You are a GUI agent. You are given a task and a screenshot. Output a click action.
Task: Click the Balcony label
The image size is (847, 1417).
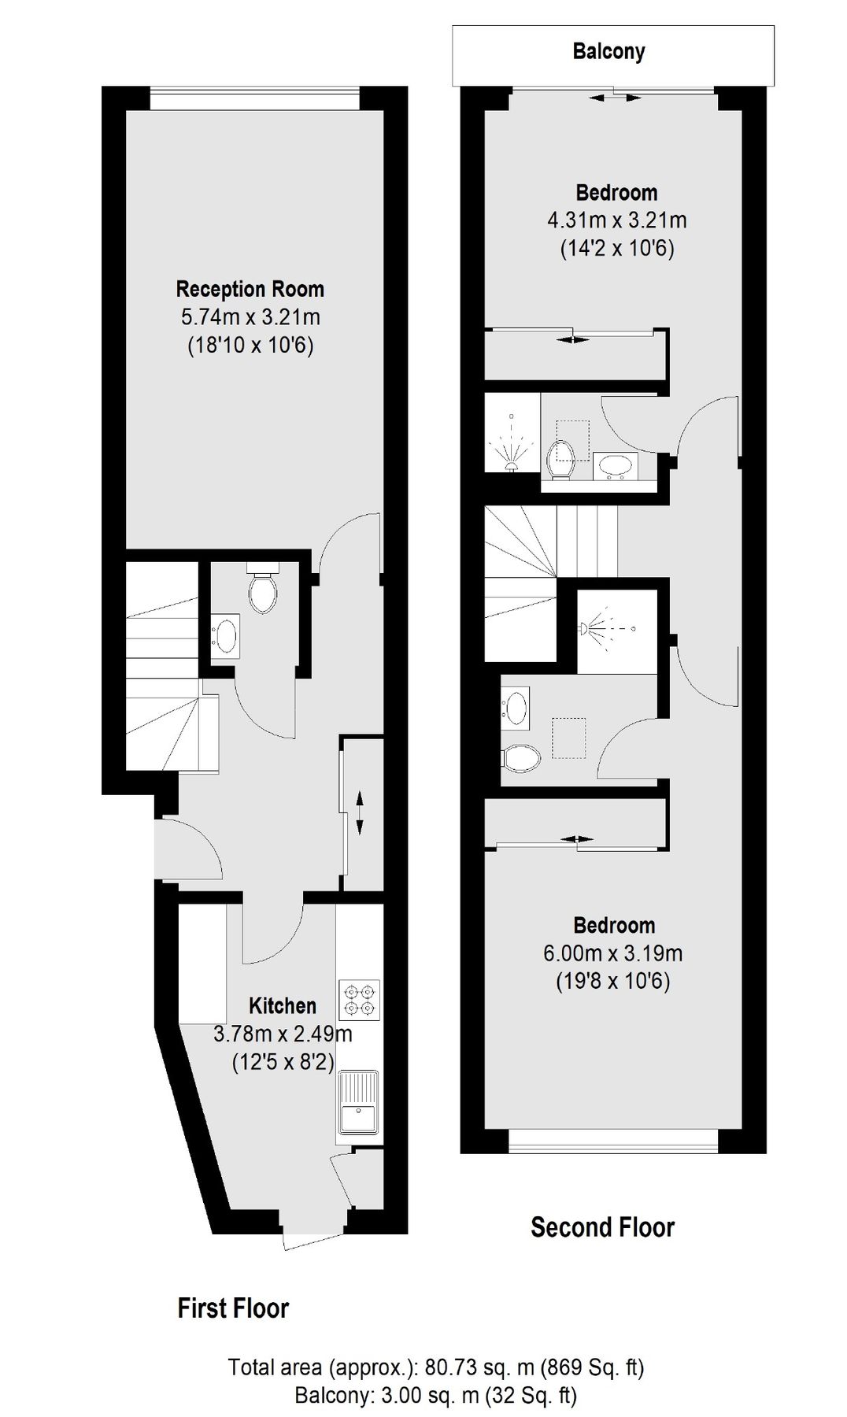pos(608,52)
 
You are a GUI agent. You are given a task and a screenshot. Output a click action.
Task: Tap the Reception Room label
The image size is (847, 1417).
pos(250,289)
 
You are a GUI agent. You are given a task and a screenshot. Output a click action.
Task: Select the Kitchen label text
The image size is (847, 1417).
pos(283,1005)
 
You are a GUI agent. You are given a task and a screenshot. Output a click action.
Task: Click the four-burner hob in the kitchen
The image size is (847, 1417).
pos(360,999)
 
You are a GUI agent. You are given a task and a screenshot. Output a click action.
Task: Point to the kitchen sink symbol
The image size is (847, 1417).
pos(359,1102)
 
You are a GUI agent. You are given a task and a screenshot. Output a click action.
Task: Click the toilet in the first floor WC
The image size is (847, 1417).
pos(262,591)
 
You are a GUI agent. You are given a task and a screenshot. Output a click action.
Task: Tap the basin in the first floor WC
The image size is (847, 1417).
pos(227,636)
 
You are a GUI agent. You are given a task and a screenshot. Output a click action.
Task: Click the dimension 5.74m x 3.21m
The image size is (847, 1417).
pos(250,317)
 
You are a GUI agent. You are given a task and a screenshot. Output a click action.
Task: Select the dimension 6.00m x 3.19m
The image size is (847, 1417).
pos(612,953)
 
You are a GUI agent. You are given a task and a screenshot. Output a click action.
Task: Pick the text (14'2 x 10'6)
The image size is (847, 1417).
pos(617,249)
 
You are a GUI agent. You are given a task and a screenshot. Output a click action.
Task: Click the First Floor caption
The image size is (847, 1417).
pos(233,1308)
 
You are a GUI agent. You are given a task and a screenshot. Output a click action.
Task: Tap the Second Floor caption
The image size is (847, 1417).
pos(602,1226)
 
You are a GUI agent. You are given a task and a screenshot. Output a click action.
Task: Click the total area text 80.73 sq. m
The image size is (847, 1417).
pos(435,1367)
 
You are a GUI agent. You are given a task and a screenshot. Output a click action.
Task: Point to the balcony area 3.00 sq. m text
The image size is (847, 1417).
pos(435,1396)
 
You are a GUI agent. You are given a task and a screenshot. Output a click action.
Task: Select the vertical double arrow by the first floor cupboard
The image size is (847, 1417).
pos(360,814)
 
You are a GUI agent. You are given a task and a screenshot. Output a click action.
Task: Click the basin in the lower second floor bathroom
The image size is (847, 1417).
pos(516,707)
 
